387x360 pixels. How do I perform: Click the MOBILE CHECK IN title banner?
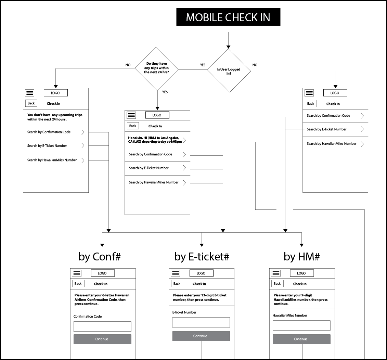(228, 17)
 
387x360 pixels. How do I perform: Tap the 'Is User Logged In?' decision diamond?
(229, 70)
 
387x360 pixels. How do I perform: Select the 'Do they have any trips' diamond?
(156, 69)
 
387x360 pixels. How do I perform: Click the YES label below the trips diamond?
(165, 92)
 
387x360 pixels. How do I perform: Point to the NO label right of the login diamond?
(255, 65)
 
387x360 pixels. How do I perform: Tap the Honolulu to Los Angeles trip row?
(157, 140)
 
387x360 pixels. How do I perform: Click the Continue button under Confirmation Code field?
(102, 339)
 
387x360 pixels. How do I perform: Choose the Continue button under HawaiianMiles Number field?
(301, 339)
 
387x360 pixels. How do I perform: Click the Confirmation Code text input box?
(102, 326)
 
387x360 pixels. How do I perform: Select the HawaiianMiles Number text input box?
(301, 325)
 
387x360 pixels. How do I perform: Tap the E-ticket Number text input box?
(201, 322)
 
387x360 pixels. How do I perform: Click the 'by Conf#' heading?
(100, 257)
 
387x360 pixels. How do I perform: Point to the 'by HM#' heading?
(301, 257)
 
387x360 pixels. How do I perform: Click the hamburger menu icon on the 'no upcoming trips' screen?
(30, 93)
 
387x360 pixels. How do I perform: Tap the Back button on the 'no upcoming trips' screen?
(31, 103)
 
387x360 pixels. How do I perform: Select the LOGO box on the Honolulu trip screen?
(157, 115)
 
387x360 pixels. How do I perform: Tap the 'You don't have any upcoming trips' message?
(55, 117)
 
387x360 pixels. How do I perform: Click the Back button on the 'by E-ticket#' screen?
(177, 283)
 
